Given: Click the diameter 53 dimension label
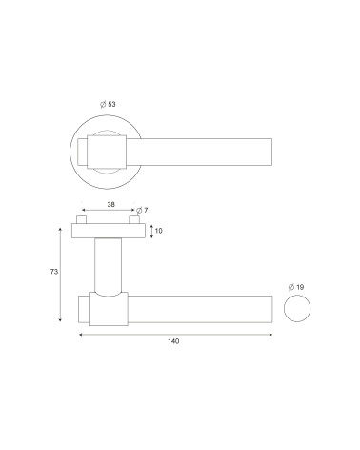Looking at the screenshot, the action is [x=108, y=104].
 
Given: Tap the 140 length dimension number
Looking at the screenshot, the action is [x=173, y=341].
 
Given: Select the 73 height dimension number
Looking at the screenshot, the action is [x=54, y=272].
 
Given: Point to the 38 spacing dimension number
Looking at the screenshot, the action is [x=110, y=204].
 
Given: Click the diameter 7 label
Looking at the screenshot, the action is [x=142, y=211].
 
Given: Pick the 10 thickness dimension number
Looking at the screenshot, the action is [x=159, y=231].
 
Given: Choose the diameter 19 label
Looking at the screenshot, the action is [x=296, y=287].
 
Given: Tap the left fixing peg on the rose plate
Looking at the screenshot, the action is [x=82, y=220].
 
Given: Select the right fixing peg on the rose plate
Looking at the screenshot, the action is [x=134, y=220].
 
